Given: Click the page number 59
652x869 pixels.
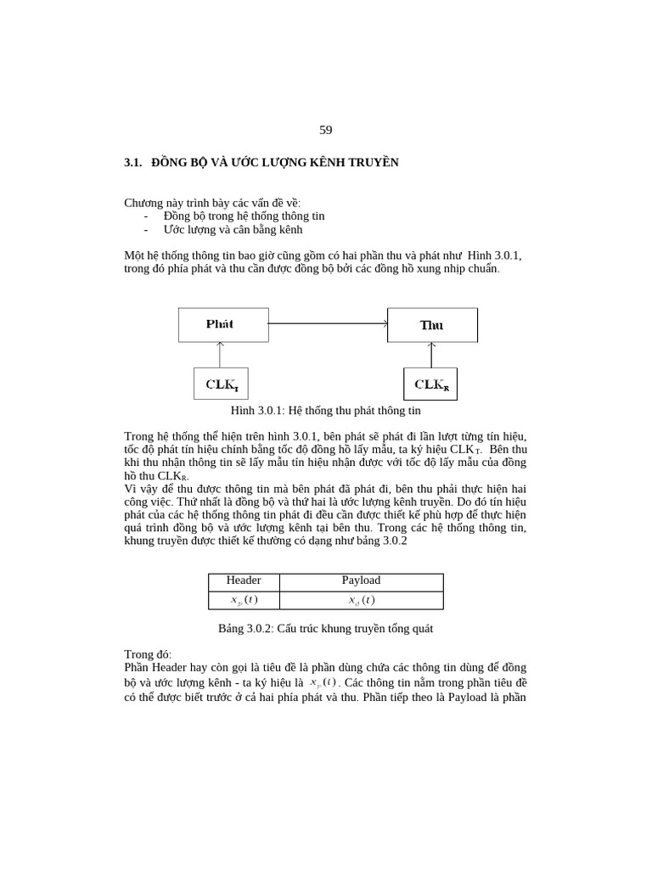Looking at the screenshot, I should [x=326, y=130].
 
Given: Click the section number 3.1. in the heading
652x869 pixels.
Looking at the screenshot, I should [x=133, y=162].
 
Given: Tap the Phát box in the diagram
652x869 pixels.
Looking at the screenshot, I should [x=222, y=324].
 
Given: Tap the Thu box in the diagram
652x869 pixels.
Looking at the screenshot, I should [x=432, y=325].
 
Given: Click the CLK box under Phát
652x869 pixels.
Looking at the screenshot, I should [x=221, y=384].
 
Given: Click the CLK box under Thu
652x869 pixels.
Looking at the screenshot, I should [x=430, y=384].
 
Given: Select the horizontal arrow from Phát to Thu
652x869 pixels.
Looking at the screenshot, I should [x=328, y=323].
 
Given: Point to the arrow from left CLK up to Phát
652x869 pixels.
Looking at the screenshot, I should [x=221, y=355].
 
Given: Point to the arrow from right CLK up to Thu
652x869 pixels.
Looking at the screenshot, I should [x=431, y=355].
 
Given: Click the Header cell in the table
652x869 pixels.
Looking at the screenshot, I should [x=244, y=580].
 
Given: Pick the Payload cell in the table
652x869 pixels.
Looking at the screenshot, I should [x=361, y=580].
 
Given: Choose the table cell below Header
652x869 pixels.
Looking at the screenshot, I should [x=244, y=600].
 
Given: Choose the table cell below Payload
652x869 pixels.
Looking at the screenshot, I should [x=361, y=600].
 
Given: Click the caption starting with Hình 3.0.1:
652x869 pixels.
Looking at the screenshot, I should [x=326, y=411].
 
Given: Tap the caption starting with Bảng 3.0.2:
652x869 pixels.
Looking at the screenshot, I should [x=326, y=629].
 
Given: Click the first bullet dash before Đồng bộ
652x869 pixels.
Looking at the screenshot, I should [x=146, y=216].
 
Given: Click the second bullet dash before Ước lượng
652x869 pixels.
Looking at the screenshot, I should [x=146, y=230].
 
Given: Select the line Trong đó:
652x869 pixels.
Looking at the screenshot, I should [x=148, y=655].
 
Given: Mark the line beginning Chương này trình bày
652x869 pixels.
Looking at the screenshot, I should [x=212, y=203].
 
